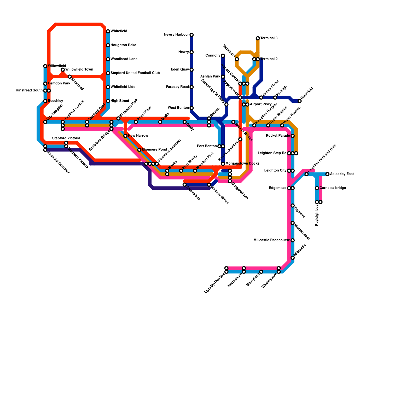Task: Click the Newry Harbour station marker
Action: tap(191, 35)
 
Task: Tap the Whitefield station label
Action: tap(119, 31)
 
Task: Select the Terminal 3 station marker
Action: tap(258, 38)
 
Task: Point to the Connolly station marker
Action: tap(223, 56)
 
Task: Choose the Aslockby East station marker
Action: tap(327, 174)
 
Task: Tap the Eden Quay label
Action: tap(180, 69)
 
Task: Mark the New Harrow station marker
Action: tap(125, 136)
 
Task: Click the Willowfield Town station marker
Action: tap(63, 70)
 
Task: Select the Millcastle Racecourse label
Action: tap(272, 240)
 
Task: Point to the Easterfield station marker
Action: tap(300, 101)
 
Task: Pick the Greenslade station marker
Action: tap(184, 185)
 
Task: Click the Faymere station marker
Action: tap(293, 206)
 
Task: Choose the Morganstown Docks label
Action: tap(242, 164)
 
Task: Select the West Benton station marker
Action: tap(191, 108)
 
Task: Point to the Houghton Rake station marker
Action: tap(108, 45)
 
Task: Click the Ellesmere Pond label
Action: tap(154, 150)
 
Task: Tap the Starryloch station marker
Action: tap(261, 272)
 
